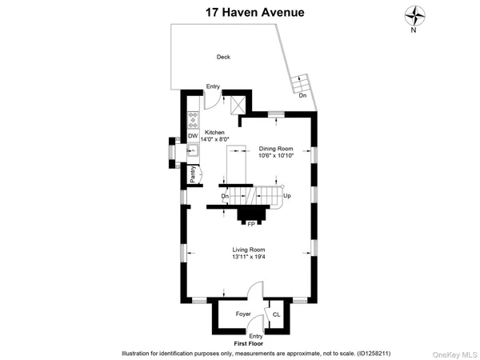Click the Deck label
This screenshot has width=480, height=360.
[223, 57]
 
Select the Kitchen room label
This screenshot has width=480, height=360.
[214, 132]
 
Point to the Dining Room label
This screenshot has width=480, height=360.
[276, 149]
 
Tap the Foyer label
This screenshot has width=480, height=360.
[243, 314]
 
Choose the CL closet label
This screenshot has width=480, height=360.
[277, 314]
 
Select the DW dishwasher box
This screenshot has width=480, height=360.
[193, 137]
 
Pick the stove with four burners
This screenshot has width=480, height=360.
[193, 122]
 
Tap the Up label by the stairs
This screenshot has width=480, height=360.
[287, 196]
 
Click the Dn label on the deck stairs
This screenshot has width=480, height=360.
[302, 96]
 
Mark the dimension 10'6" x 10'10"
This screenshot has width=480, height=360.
[276, 155]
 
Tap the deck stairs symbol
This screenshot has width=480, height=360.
[299, 82]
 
